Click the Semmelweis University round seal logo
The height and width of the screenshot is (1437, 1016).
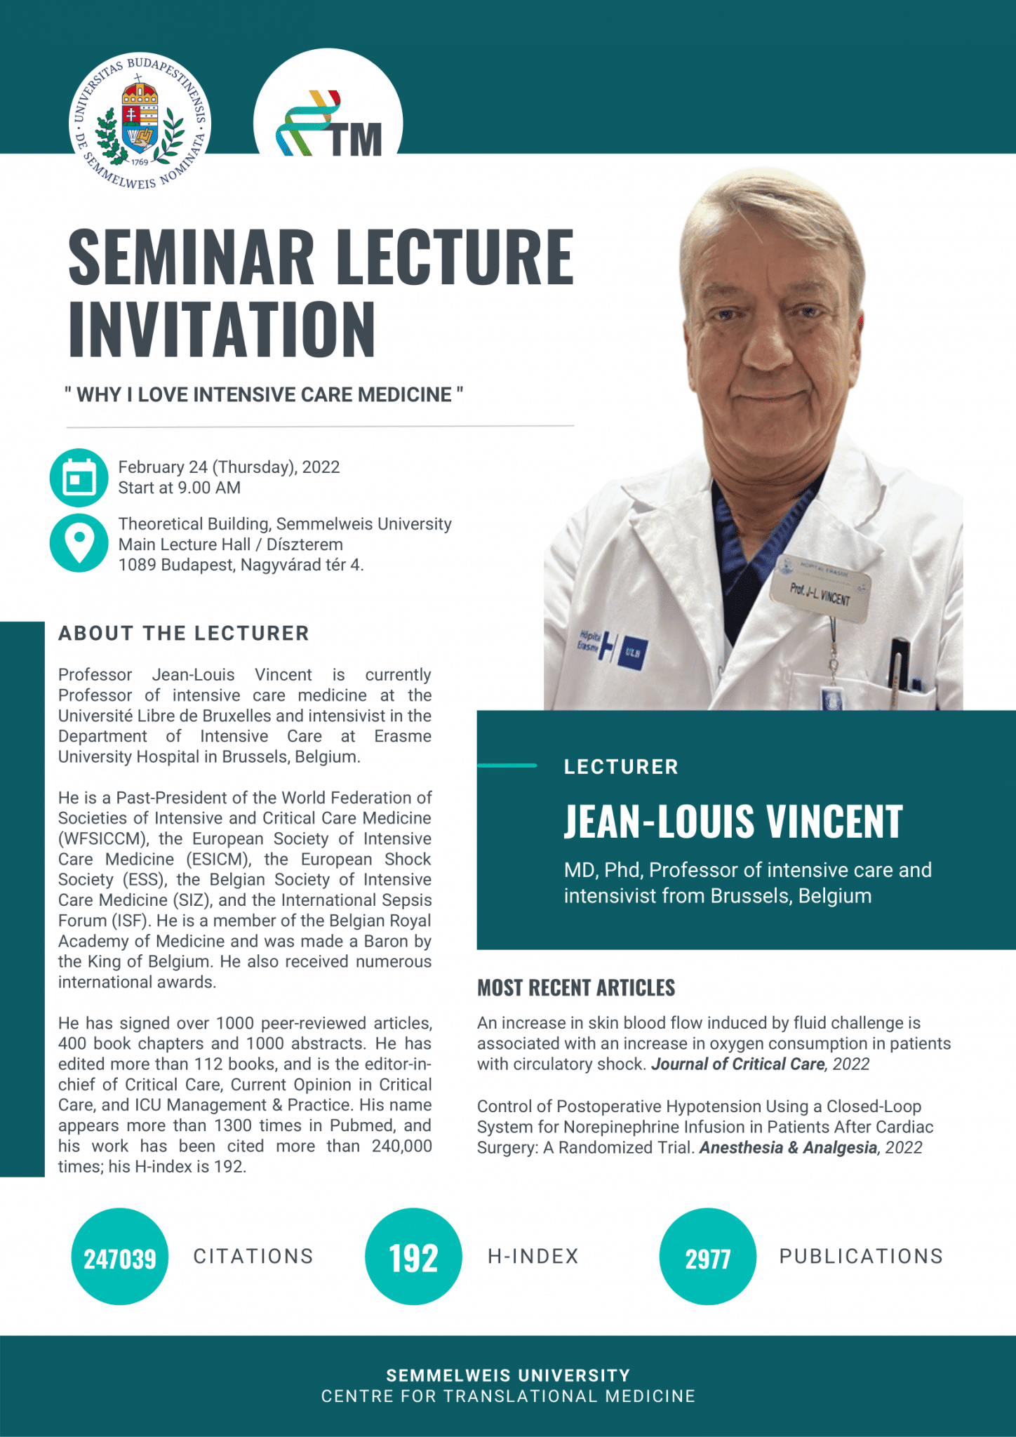coord(140,122)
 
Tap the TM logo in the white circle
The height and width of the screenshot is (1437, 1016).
coord(328,124)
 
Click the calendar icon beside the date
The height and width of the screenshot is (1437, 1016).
coord(79,478)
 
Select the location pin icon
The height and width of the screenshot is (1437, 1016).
coord(79,542)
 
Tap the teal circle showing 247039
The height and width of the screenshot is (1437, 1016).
coord(120,1256)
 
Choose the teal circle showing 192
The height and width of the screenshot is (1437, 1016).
coord(413,1256)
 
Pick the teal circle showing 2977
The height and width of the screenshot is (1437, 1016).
coord(707,1256)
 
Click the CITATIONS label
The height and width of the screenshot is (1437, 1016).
coord(253,1256)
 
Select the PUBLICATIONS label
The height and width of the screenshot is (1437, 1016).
coord(861,1256)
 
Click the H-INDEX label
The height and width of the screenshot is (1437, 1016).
coord(533,1256)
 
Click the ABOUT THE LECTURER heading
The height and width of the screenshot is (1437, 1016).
coord(184,633)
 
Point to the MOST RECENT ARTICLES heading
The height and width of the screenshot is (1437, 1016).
coord(576,988)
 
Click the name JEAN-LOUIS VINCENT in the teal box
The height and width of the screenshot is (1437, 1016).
coord(733,822)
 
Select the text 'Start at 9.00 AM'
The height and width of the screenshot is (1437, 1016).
coord(179,488)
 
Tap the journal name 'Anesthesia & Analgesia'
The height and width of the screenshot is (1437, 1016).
coord(788,1147)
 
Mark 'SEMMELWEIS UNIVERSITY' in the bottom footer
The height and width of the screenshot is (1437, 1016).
coord(508,1375)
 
